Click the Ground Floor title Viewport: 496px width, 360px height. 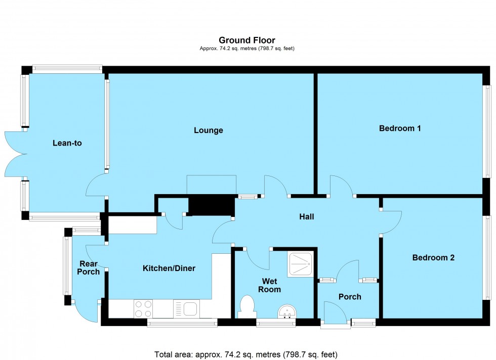tap(247, 40)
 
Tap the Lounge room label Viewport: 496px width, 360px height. tap(208, 130)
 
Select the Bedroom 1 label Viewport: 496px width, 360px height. tap(400, 128)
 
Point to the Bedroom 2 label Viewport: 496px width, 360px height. tap(433, 257)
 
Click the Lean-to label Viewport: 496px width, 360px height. tap(67, 143)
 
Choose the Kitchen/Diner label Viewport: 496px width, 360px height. tap(169, 268)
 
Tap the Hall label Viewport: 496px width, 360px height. tap(306, 217)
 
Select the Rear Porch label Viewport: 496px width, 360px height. tap(89, 267)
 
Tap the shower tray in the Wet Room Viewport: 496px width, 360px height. tap(302, 264)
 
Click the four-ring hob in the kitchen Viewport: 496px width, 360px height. tap(143, 308)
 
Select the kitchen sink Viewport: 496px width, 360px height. tap(187, 308)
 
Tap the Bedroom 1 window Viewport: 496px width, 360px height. tap(487, 131)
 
